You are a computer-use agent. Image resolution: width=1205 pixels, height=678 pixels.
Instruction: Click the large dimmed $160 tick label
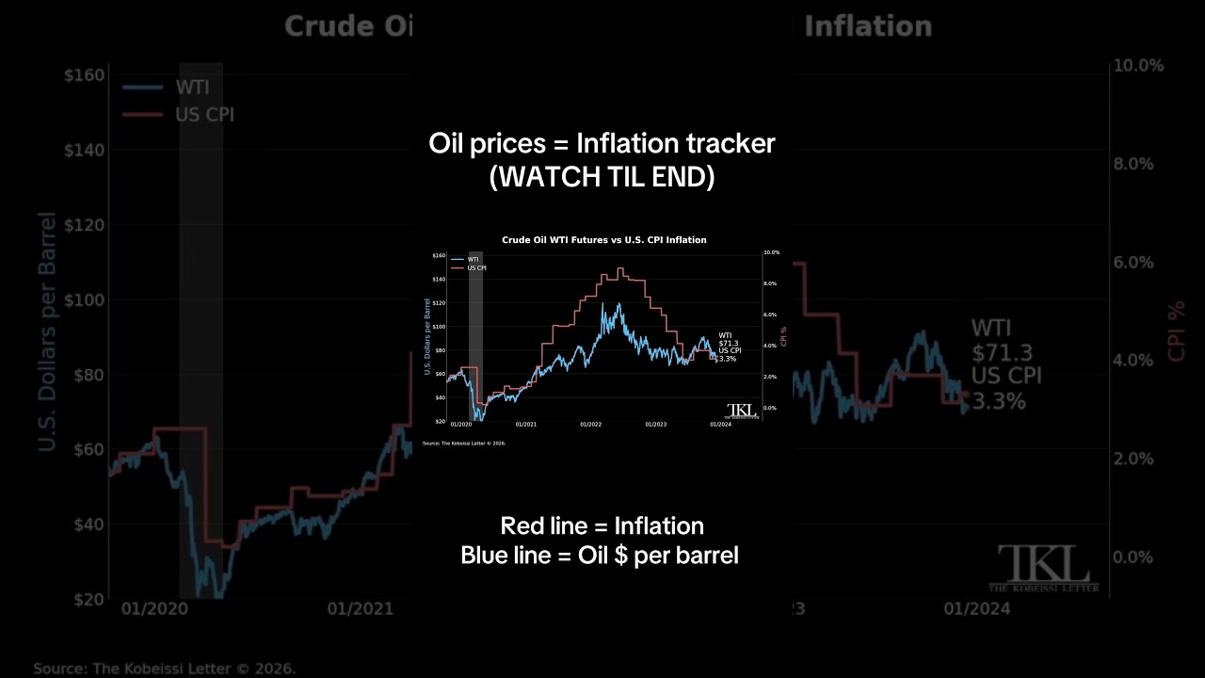tap(83, 75)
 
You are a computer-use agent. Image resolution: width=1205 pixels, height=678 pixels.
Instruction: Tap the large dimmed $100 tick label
tap(83, 300)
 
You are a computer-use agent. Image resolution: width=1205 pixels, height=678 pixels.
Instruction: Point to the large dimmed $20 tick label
tap(88, 600)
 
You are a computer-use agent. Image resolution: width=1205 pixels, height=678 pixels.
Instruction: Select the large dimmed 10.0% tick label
tap(1138, 66)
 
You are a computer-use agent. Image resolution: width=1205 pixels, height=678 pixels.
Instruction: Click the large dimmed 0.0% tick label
tap(1133, 557)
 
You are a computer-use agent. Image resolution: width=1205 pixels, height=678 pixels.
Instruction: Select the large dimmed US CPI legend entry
tap(204, 115)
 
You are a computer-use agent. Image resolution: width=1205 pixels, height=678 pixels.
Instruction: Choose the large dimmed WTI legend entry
tap(192, 89)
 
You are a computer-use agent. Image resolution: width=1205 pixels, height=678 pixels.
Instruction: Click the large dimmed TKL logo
tap(1043, 568)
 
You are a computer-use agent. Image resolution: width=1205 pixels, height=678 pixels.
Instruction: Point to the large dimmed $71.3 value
tap(1002, 353)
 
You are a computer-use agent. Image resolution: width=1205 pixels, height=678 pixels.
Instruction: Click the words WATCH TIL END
tap(602, 176)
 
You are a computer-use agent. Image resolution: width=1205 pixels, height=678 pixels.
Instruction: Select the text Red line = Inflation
tap(602, 525)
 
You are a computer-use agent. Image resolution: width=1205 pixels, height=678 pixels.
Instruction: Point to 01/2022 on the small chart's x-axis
tap(590, 425)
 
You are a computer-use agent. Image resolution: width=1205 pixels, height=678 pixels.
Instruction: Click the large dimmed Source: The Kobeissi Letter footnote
tap(165, 669)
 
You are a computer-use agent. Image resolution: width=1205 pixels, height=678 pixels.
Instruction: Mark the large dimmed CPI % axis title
tap(1177, 331)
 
